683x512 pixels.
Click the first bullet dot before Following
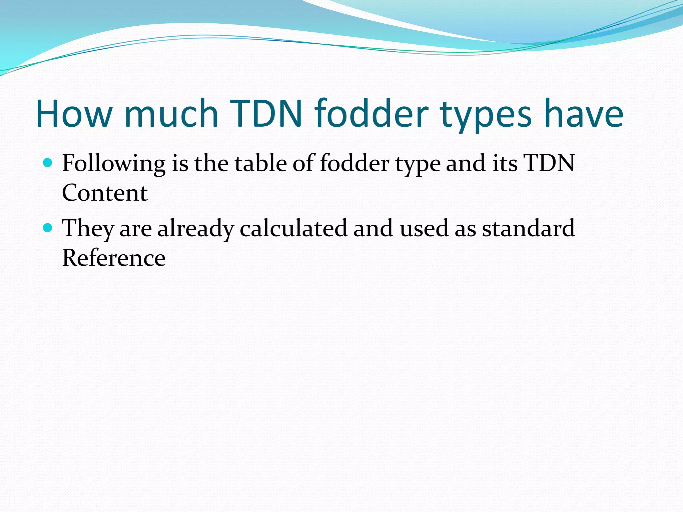point(48,163)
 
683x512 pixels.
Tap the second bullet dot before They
point(48,228)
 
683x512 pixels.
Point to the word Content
point(105,193)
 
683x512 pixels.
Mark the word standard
point(528,228)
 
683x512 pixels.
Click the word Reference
point(114,258)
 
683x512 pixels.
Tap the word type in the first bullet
point(418,165)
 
